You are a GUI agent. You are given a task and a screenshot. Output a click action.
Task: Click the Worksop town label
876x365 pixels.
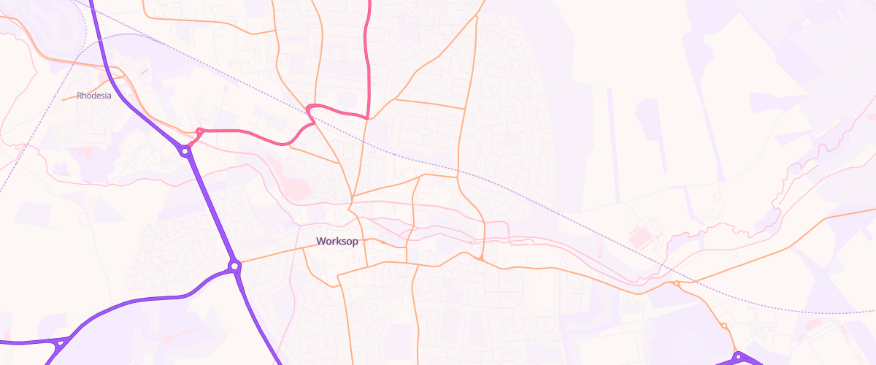(337, 242)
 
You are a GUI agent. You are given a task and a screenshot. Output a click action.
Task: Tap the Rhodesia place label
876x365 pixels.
(94, 96)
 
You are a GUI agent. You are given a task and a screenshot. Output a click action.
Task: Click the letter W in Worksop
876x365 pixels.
(320, 242)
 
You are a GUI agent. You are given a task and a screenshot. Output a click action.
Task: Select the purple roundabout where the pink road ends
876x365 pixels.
(185, 151)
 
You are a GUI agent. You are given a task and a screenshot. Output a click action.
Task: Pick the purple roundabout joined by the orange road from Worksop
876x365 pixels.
(234, 266)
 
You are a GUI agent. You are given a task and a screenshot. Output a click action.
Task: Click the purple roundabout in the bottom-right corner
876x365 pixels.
(738, 357)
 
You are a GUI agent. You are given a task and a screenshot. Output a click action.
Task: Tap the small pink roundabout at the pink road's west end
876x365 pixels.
(199, 131)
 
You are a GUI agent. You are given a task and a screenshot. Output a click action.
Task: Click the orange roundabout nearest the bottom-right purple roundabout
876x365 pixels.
(723, 326)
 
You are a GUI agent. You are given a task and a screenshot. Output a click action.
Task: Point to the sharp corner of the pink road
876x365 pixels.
(367, 117)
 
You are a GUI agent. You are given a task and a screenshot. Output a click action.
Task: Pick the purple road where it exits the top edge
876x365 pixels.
(92, 2)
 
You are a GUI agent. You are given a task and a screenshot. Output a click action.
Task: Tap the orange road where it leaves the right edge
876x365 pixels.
(873, 210)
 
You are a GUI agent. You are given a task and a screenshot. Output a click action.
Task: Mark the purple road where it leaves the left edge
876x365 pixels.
(2, 342)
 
